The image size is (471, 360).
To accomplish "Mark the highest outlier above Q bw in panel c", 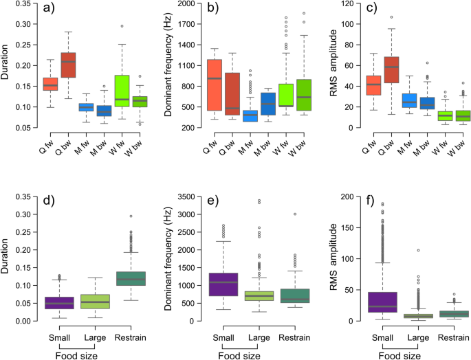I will point(373,17).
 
